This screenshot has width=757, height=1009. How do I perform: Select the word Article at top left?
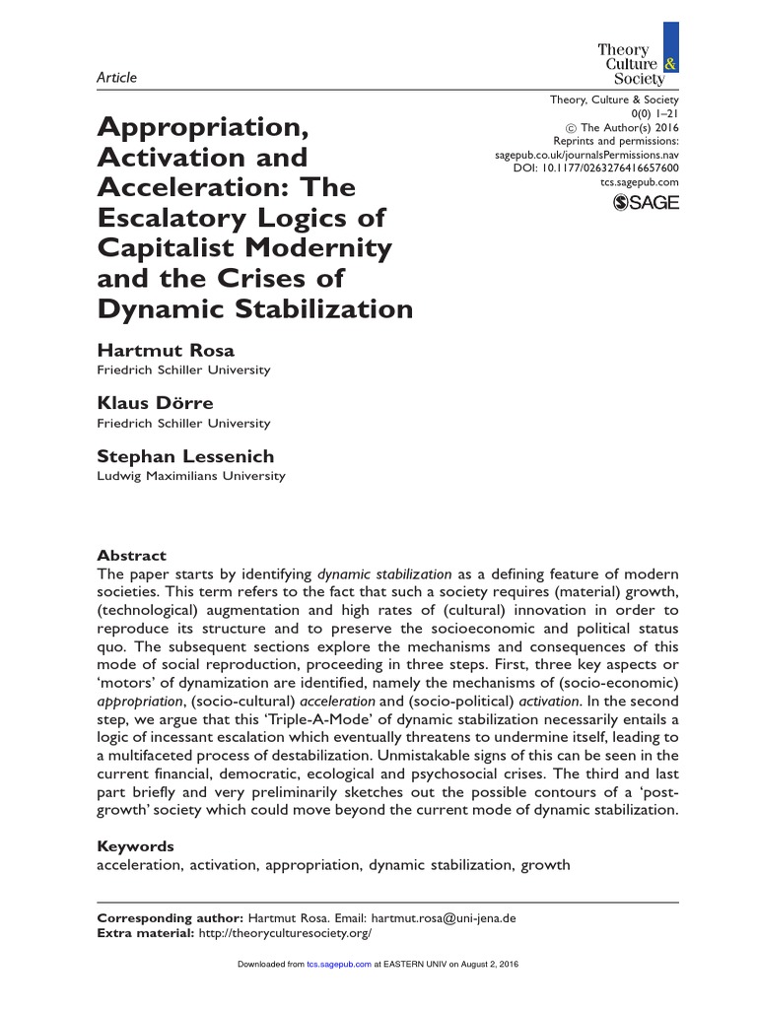(x=116, y=78)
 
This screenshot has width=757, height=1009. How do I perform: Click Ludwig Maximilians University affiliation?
(x=190, y=476)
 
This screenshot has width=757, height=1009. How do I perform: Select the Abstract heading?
(x=131, y=556)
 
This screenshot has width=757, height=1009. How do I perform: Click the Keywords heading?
(x=135, y=846)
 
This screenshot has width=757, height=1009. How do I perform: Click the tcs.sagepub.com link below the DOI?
(x=639, y=183)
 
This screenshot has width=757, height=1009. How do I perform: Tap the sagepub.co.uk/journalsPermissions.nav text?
(x=585, y=155)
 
